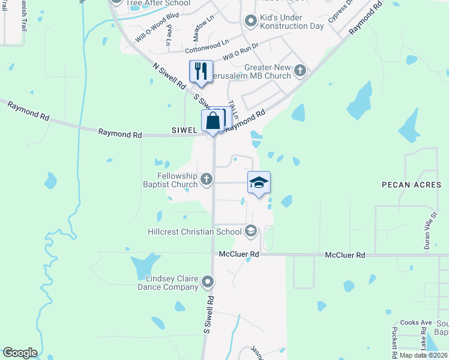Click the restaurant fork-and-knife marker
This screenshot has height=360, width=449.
pos(201,71)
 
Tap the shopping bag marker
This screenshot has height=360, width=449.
pos(213,120)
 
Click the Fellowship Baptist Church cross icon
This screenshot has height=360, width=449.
pos(206,179)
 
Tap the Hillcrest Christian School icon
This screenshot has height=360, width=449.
pos(251,231)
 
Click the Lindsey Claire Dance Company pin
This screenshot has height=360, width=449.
pos(208,281)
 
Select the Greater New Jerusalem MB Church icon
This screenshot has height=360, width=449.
pos(300,71)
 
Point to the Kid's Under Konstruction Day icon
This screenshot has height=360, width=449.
pos(251,22)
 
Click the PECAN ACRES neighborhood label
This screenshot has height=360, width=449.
pos(411,185)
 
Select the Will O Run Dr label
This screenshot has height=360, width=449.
pos(240,54)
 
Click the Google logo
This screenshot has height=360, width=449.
pos(20,353)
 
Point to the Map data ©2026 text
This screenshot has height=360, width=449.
pos(423,355)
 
